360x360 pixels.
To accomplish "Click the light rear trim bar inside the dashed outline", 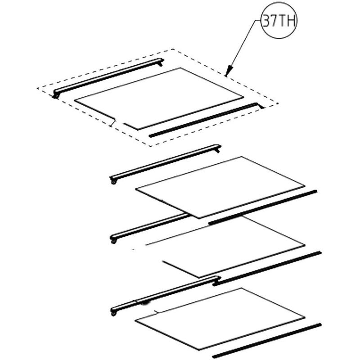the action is tap(108, 78).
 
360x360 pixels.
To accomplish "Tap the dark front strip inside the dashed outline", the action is tap(206, 120).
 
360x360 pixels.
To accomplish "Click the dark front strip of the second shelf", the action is tap(263, 207).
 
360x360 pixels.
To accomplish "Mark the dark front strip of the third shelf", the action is tap(267, 269).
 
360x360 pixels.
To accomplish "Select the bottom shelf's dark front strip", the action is tap(266, 341).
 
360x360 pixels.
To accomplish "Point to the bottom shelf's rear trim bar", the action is tap(165, 296).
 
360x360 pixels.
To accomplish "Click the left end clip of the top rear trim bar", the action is tap(55, 94).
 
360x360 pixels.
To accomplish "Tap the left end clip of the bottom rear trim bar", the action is tap(113, 312).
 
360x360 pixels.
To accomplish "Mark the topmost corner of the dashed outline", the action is tap(172, 49).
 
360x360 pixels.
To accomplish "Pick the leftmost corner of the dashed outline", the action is tap(37, 88).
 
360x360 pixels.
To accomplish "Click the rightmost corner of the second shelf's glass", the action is tap(305, 186).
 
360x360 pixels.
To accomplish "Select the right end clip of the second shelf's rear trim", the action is tap(218, 148).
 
